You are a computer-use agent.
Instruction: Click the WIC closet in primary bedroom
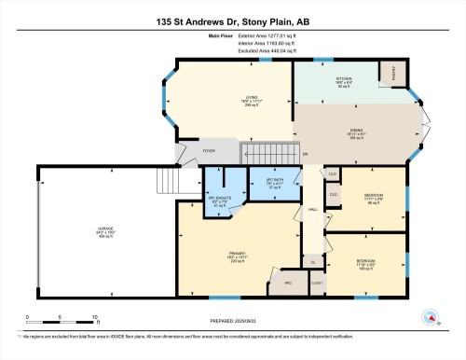coord(288,282)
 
